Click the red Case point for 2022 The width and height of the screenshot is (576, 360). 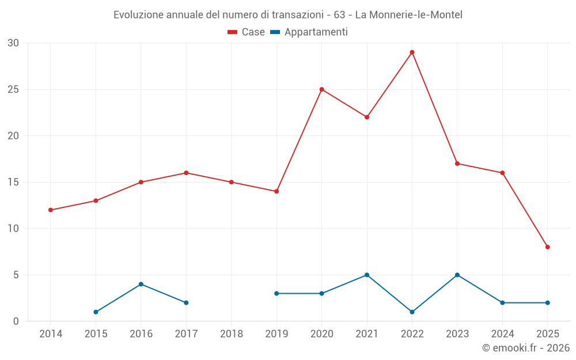coord(412,52)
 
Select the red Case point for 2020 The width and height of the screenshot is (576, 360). coord(321,89)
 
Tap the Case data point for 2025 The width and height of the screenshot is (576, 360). coord(548,247)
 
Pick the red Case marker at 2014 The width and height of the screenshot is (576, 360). coord(51,210)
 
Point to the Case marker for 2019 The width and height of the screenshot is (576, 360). coord(276,191)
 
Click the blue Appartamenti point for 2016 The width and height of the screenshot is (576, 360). coord(141,284)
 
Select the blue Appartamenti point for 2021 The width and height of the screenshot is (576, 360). coord(367,275)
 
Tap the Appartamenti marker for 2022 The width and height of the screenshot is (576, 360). coord(412,312)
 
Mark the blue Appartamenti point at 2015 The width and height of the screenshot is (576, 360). coord(96,312)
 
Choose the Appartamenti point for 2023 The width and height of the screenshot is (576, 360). coord(457,275)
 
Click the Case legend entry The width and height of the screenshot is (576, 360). coord(246,32)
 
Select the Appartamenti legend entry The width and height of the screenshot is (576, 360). coord(309,32)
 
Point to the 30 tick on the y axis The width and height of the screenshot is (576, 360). coord(13,43)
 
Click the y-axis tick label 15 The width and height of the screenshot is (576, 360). coord(13,182)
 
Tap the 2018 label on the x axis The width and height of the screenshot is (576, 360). coord(232,334)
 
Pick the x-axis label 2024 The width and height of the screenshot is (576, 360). coord(502,334)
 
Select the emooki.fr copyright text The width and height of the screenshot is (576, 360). coord(525,348)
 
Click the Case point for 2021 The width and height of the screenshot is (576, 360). coord(367,117)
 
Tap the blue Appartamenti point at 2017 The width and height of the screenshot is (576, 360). coord(186,302)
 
